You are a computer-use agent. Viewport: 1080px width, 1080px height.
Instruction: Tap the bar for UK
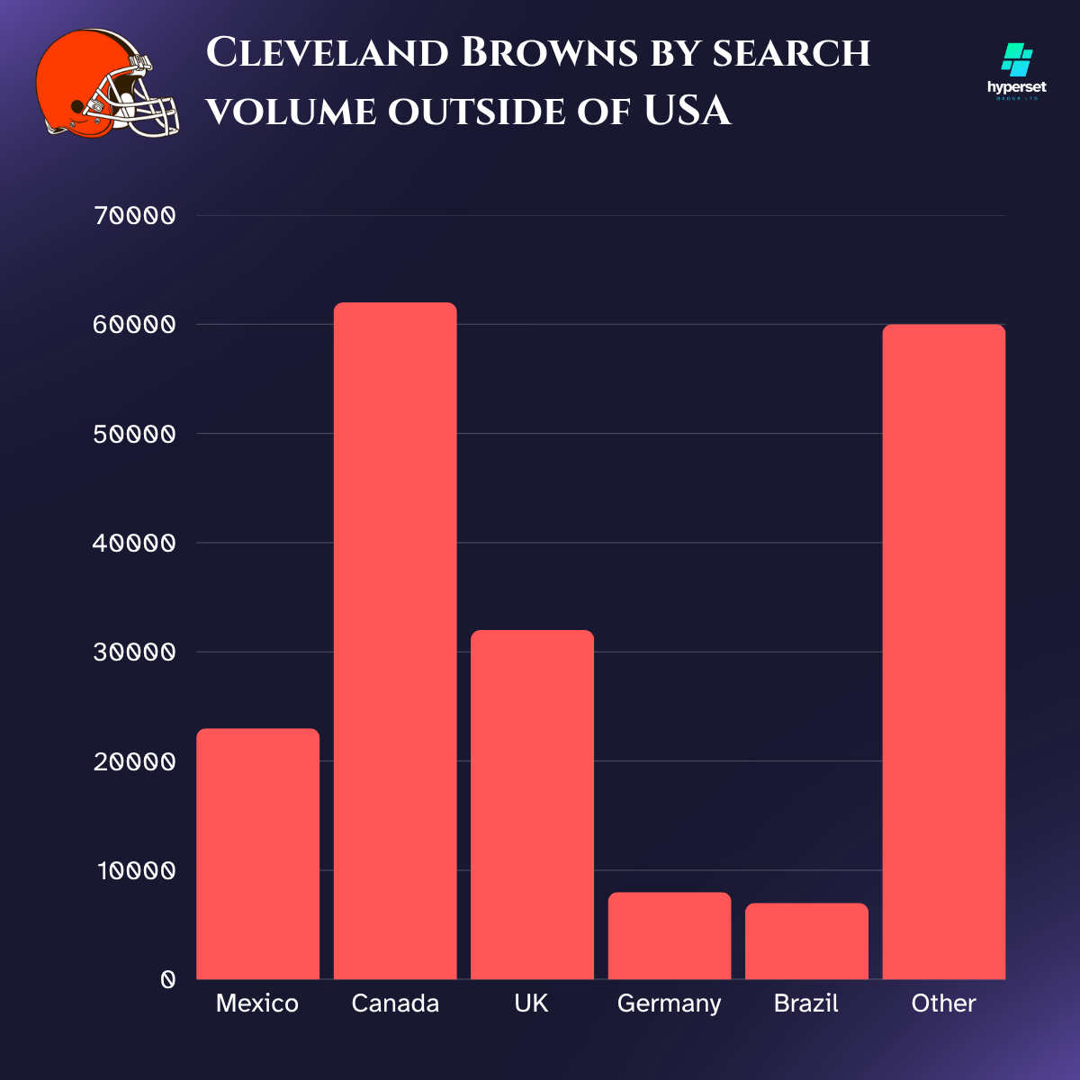(x=532, y=805)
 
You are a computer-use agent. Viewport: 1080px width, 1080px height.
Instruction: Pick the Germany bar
(x=669, y=936)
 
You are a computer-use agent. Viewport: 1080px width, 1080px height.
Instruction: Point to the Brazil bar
(x=806, y=941)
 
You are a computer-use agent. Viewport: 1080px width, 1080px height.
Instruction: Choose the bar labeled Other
(x=943, y=652)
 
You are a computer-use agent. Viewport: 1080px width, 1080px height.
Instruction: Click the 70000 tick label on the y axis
(x=134, y=216)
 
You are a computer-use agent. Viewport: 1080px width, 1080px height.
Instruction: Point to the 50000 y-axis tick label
(x=134, y=434)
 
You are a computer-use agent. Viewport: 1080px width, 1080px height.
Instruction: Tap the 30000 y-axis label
(x=134, y=652)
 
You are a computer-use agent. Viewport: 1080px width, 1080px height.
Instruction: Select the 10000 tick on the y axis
(x=136, y=871)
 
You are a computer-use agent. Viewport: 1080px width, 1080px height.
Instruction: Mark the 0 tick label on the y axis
(x=167, y=980)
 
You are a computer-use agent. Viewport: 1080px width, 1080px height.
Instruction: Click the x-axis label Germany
(x=669, y=1003)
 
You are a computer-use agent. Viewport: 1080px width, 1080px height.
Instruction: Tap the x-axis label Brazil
(x=805, y=1003)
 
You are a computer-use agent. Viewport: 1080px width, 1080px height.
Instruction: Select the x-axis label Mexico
(x=257, y=1003)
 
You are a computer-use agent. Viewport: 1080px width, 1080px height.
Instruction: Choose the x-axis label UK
(x=531, y=1003)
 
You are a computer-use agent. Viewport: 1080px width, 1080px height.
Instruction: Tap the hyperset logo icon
(x=1017, y=60)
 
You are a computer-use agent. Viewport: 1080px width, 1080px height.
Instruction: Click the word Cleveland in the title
(x=328, y=53)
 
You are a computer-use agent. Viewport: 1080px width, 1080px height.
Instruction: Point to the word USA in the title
(x=687, y=112)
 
